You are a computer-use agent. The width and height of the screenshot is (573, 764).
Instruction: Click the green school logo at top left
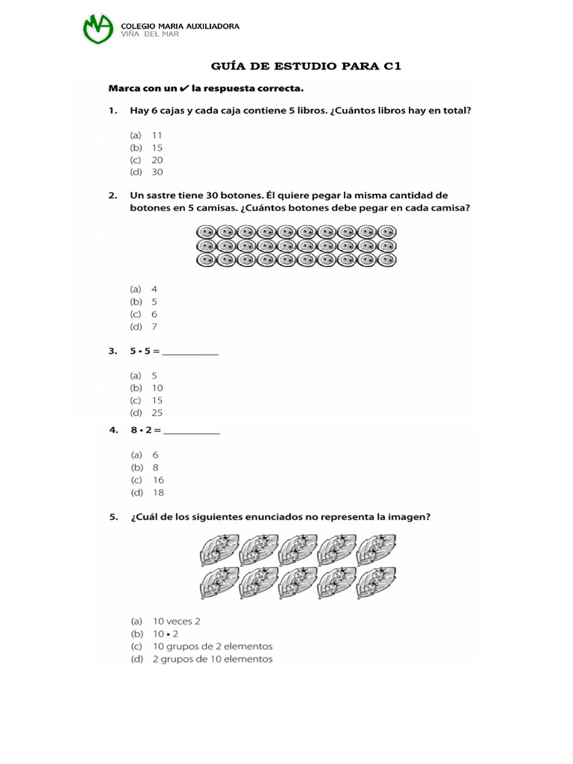coord(98,30)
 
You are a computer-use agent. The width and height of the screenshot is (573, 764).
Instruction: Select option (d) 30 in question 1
coord(147,172)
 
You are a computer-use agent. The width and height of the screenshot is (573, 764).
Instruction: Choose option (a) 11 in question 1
coord(147,135)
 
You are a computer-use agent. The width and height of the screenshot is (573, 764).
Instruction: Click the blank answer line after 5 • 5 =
coord(190,353)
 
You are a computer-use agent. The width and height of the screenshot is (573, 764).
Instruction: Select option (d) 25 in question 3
coord(147,413)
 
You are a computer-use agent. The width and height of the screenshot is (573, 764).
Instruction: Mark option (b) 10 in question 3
coord(147,388)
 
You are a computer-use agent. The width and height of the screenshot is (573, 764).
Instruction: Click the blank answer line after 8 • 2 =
coord(192,430)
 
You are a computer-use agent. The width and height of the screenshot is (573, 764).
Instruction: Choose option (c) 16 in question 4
coord(148,480)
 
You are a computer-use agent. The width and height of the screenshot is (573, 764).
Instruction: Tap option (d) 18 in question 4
coord(148,492)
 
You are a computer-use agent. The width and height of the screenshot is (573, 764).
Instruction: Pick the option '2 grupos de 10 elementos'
coord(201,659)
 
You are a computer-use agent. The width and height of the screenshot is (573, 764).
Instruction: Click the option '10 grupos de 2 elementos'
coord(201,646)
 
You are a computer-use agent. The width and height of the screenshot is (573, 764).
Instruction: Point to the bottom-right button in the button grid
coord(386,260)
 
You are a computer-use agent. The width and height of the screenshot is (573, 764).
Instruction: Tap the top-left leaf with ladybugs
coord(219,550)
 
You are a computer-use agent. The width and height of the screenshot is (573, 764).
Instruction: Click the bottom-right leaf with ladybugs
coord(375,583)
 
